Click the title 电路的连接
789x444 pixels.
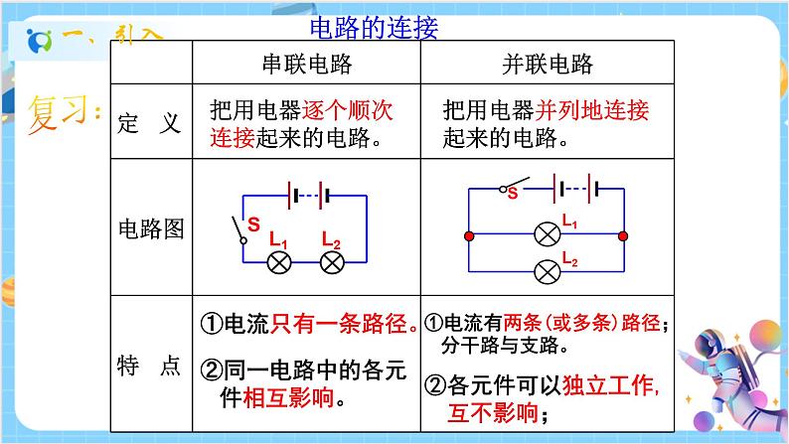pyautogui.click(x=374, y=27)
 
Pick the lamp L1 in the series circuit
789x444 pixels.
pyautogui.click(x=281, y=262)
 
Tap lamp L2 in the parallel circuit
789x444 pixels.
pyautogui.click(x=546, y=270)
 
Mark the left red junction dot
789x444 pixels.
pyautogui.click(x=469, y=236)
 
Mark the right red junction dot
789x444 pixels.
pyautogui.click(x=623, y=236)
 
